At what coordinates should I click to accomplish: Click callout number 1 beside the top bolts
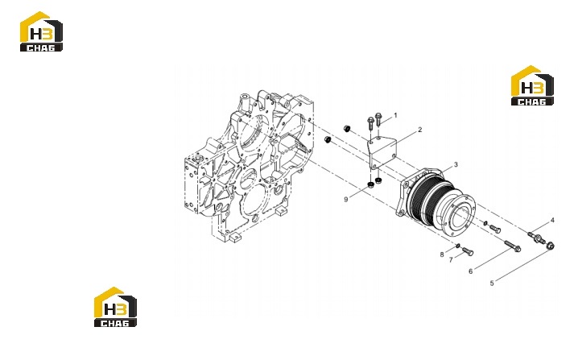pos(395,115)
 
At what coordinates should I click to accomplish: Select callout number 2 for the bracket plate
pos(420,130)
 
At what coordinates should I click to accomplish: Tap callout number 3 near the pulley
pos(456,164)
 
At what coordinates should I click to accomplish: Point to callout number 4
pos(552,220)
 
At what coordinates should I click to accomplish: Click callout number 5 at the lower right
pos(492,283)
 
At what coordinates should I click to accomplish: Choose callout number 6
pos(471,271)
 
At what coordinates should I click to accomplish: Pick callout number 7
pos(451,259)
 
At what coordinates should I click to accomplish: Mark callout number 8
pos(442,254)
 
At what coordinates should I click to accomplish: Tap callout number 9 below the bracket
pos(346,200)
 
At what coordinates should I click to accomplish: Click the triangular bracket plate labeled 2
pos(383,152)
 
